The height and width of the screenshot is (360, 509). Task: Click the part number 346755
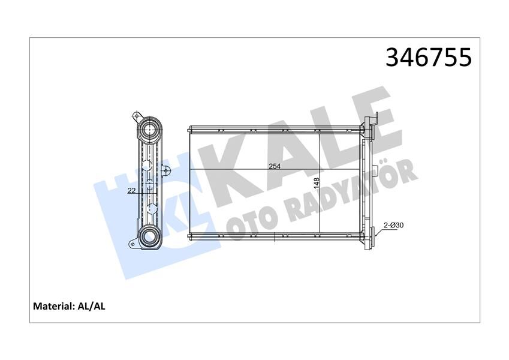click(x=429, y=58)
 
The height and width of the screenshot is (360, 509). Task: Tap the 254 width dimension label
click(x=275, y=167)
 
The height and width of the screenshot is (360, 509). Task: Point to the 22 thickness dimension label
click(x=131, y=191)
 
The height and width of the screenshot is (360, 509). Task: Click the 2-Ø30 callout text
click(x=393, y=225)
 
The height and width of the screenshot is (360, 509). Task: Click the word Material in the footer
click(x=53, y=307)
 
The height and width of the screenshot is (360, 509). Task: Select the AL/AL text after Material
click(x=92, y=307)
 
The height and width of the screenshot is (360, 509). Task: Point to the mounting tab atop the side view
click(x=136, y=116)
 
